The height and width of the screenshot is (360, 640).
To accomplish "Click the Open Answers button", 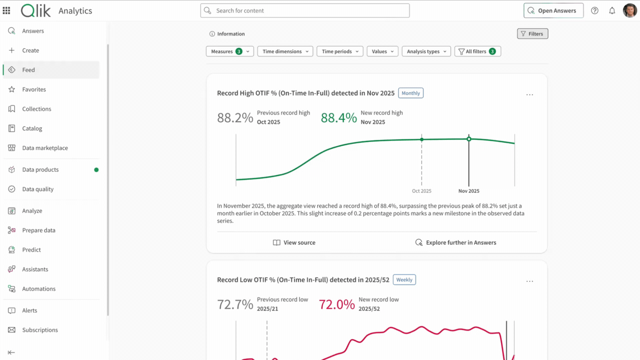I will coord(553,11).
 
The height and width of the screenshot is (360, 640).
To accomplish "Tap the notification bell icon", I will coord(612,11).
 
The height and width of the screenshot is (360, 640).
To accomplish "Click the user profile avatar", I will coord(630,11).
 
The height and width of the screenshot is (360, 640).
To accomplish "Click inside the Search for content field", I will coord(305,11).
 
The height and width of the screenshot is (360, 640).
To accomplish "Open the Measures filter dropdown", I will coord(230,51).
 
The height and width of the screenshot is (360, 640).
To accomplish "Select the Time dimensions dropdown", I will coord(285,51).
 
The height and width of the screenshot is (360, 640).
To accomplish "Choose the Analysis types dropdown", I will coord(426,51).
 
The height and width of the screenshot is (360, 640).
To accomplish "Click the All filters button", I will coord(477,51).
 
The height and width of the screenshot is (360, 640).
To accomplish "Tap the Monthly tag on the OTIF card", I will coord(411,93).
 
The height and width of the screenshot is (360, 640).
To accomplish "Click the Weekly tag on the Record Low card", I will coord(404,280).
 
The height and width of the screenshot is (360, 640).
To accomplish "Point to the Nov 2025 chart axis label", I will coord(469,191).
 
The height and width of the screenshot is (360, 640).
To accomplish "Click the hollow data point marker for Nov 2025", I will coord(469,139).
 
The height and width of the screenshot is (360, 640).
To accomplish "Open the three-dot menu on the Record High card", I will coord(530,95).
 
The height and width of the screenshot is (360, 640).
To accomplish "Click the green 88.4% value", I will coord(339,118).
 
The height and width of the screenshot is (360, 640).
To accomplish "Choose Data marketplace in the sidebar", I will coord(45,148).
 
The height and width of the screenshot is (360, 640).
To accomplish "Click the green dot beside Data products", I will coord(96,170).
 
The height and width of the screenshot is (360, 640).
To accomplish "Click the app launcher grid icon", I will coord(6,11).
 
